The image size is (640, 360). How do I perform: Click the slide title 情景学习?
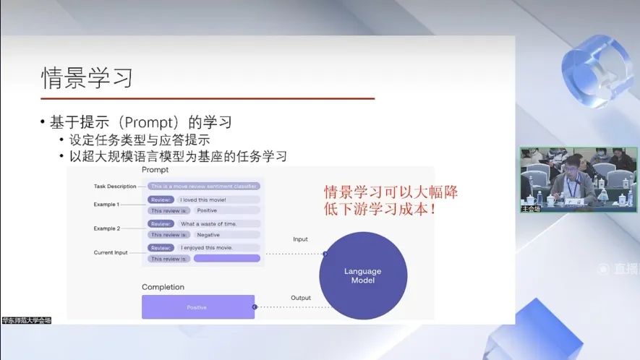pyautogui.click(x=87, y=77)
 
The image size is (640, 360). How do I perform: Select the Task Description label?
pyautogui.click(x=115, y=187)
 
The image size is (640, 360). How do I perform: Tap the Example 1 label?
pyautogui.click(x=106, y=205)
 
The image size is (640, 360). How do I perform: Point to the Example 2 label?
pyautogui.click(x=106, y=228)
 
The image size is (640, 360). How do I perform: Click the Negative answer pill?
pyautogui.click(x=208, y=235)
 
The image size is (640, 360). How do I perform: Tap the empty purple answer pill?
pyautogui.click(x=226, y=258)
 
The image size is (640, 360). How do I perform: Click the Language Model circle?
pyautogui.click(x=362, y=275)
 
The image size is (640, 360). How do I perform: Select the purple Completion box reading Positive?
pyautogui.click(x=197, y=307)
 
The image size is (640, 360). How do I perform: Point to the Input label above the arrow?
pyautogui.click(x=300, y=239)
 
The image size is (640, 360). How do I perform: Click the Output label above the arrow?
pyautogui.click(x=301, y=298)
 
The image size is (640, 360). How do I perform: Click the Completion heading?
pyautogui.click(x=163, y=287)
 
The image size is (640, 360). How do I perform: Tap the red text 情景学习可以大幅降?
pyautogui.click(x=391, y=193)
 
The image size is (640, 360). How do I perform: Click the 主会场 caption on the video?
pyautogui.click(x=531, y=208)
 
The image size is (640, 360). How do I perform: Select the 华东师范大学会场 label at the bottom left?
pyautogui.click(x=26, y=320)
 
